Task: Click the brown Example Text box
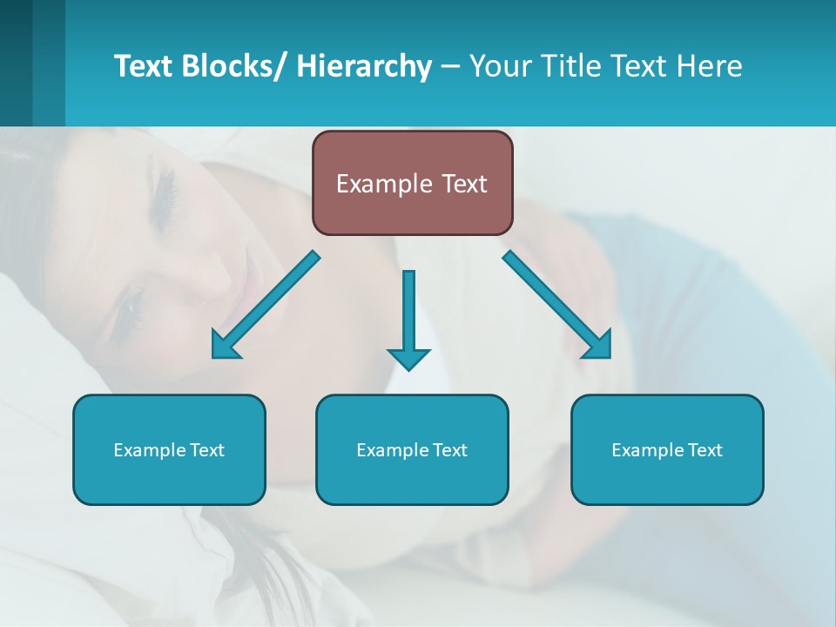pyautogui.click(x=412, y=183)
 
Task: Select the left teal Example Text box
pyautogui.click(x=169, y=449)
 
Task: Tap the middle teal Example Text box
pyautogui.click(x=412, y=449)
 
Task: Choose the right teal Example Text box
pyautogui.click(x=667, y=449)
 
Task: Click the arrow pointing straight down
pyautogui.click(x=408, y=318)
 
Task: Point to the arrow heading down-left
pyautogui.click(x=266, y=305)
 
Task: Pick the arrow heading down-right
pyautogui.click(x=557, y=305)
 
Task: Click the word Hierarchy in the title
pyautogui.click(x=364, y=66)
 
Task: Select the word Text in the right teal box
pyautogui.click(x=704, y=449)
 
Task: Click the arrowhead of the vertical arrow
pyautogui.click(x=408, y=358)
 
